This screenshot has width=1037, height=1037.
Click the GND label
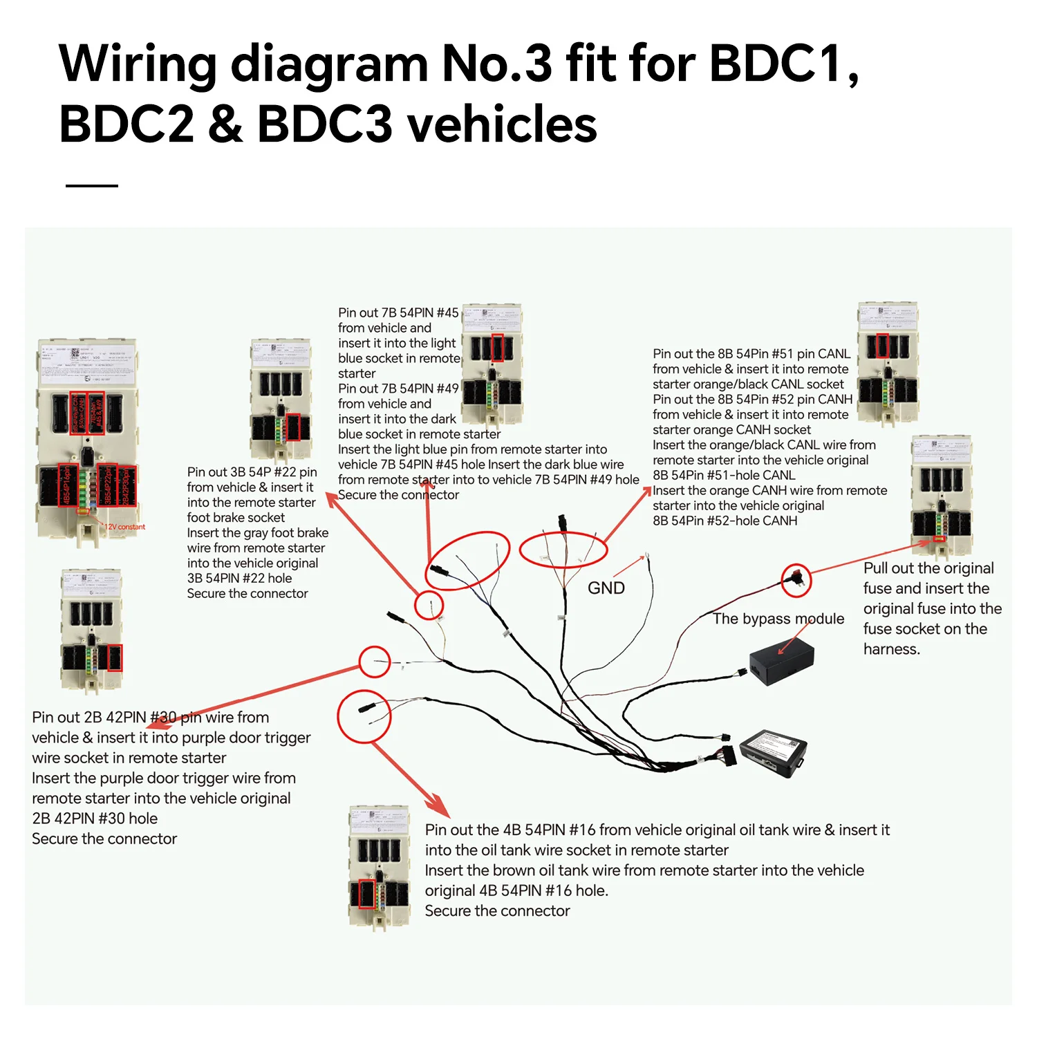(606, 588)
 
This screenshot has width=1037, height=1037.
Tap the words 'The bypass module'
(778, 619)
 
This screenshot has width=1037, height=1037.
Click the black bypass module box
(782, 661)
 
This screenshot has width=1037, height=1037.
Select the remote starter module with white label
(774, 751)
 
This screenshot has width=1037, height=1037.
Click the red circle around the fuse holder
(796, 580)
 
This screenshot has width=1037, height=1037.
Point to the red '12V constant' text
(125, 527)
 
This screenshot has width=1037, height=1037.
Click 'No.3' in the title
(496, 64)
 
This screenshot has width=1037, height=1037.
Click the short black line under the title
(92, 185)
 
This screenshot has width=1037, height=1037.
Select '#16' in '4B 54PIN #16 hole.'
(559, 891)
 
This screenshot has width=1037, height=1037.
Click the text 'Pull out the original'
(928, 568)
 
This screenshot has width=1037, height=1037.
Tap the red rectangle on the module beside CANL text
(882, 345)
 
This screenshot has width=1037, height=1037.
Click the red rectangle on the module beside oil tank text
(366, 894)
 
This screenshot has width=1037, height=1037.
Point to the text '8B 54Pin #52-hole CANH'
(725, 521)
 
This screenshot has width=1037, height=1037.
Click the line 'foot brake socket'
(236, 518)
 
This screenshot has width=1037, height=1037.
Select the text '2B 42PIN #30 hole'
(95, 819)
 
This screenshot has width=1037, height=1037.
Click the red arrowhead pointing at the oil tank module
(439, 806)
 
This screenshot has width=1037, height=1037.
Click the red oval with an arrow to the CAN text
(563, 550)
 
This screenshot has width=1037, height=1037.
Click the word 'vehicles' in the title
(503, 125)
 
